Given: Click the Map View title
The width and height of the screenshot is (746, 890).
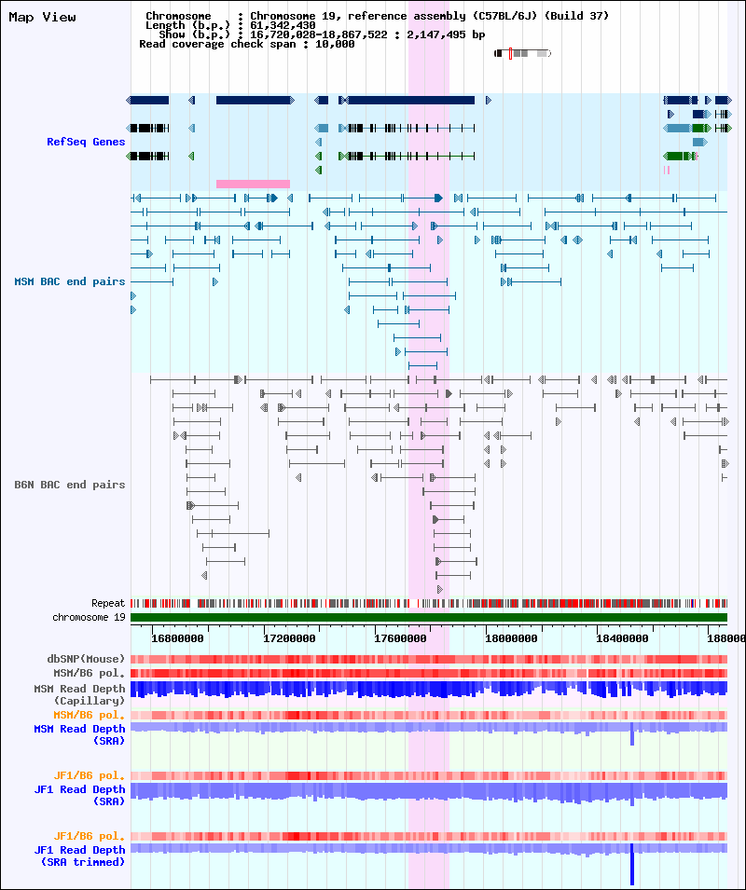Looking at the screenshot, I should coord(43,17).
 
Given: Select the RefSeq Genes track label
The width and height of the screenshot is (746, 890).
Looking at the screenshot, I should coord(86,142).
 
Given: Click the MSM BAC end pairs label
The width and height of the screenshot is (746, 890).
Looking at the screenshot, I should coord(70,281).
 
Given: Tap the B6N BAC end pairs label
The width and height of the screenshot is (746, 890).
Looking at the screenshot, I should coord(70,485).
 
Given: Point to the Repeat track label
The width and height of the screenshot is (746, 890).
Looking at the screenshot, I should coord(108,603).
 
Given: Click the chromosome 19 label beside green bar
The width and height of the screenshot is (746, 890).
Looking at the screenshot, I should coord(89,617).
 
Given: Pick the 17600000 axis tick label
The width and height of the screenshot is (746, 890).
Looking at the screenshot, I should coord(400,638).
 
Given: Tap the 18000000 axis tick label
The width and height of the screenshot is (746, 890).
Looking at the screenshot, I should coord(511,638).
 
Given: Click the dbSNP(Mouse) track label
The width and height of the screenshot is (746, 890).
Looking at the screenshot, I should coord(87,659).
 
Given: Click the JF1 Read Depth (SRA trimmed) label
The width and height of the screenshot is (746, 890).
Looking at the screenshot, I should coord(80,856).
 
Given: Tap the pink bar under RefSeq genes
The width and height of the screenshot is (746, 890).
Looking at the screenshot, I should coord(253,184).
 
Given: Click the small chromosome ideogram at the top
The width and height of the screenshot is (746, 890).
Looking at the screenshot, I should coord(522,53).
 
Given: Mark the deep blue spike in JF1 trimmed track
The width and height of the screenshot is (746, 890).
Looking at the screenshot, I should coord(631,867).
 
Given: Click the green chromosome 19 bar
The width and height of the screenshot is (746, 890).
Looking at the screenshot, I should coord(429,617).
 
